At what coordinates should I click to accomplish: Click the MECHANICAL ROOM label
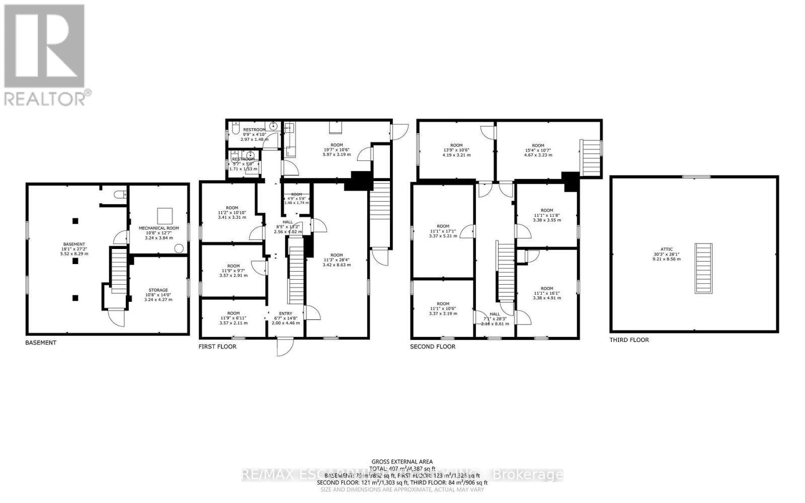click(158, 228)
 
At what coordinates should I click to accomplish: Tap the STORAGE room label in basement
click(158, 290)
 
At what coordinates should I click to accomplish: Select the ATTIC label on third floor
click(667, 249)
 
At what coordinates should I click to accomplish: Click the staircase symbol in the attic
click(703, 268)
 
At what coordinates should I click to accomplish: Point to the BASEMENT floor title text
click(41, 343)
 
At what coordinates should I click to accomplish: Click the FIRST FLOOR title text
click(217, 347)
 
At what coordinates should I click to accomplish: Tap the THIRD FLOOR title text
click(629, 340)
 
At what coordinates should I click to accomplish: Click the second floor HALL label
click(495, 314)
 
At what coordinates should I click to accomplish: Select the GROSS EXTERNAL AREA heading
click(402, 461)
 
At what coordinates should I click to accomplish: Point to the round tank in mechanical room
click(179, 247)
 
